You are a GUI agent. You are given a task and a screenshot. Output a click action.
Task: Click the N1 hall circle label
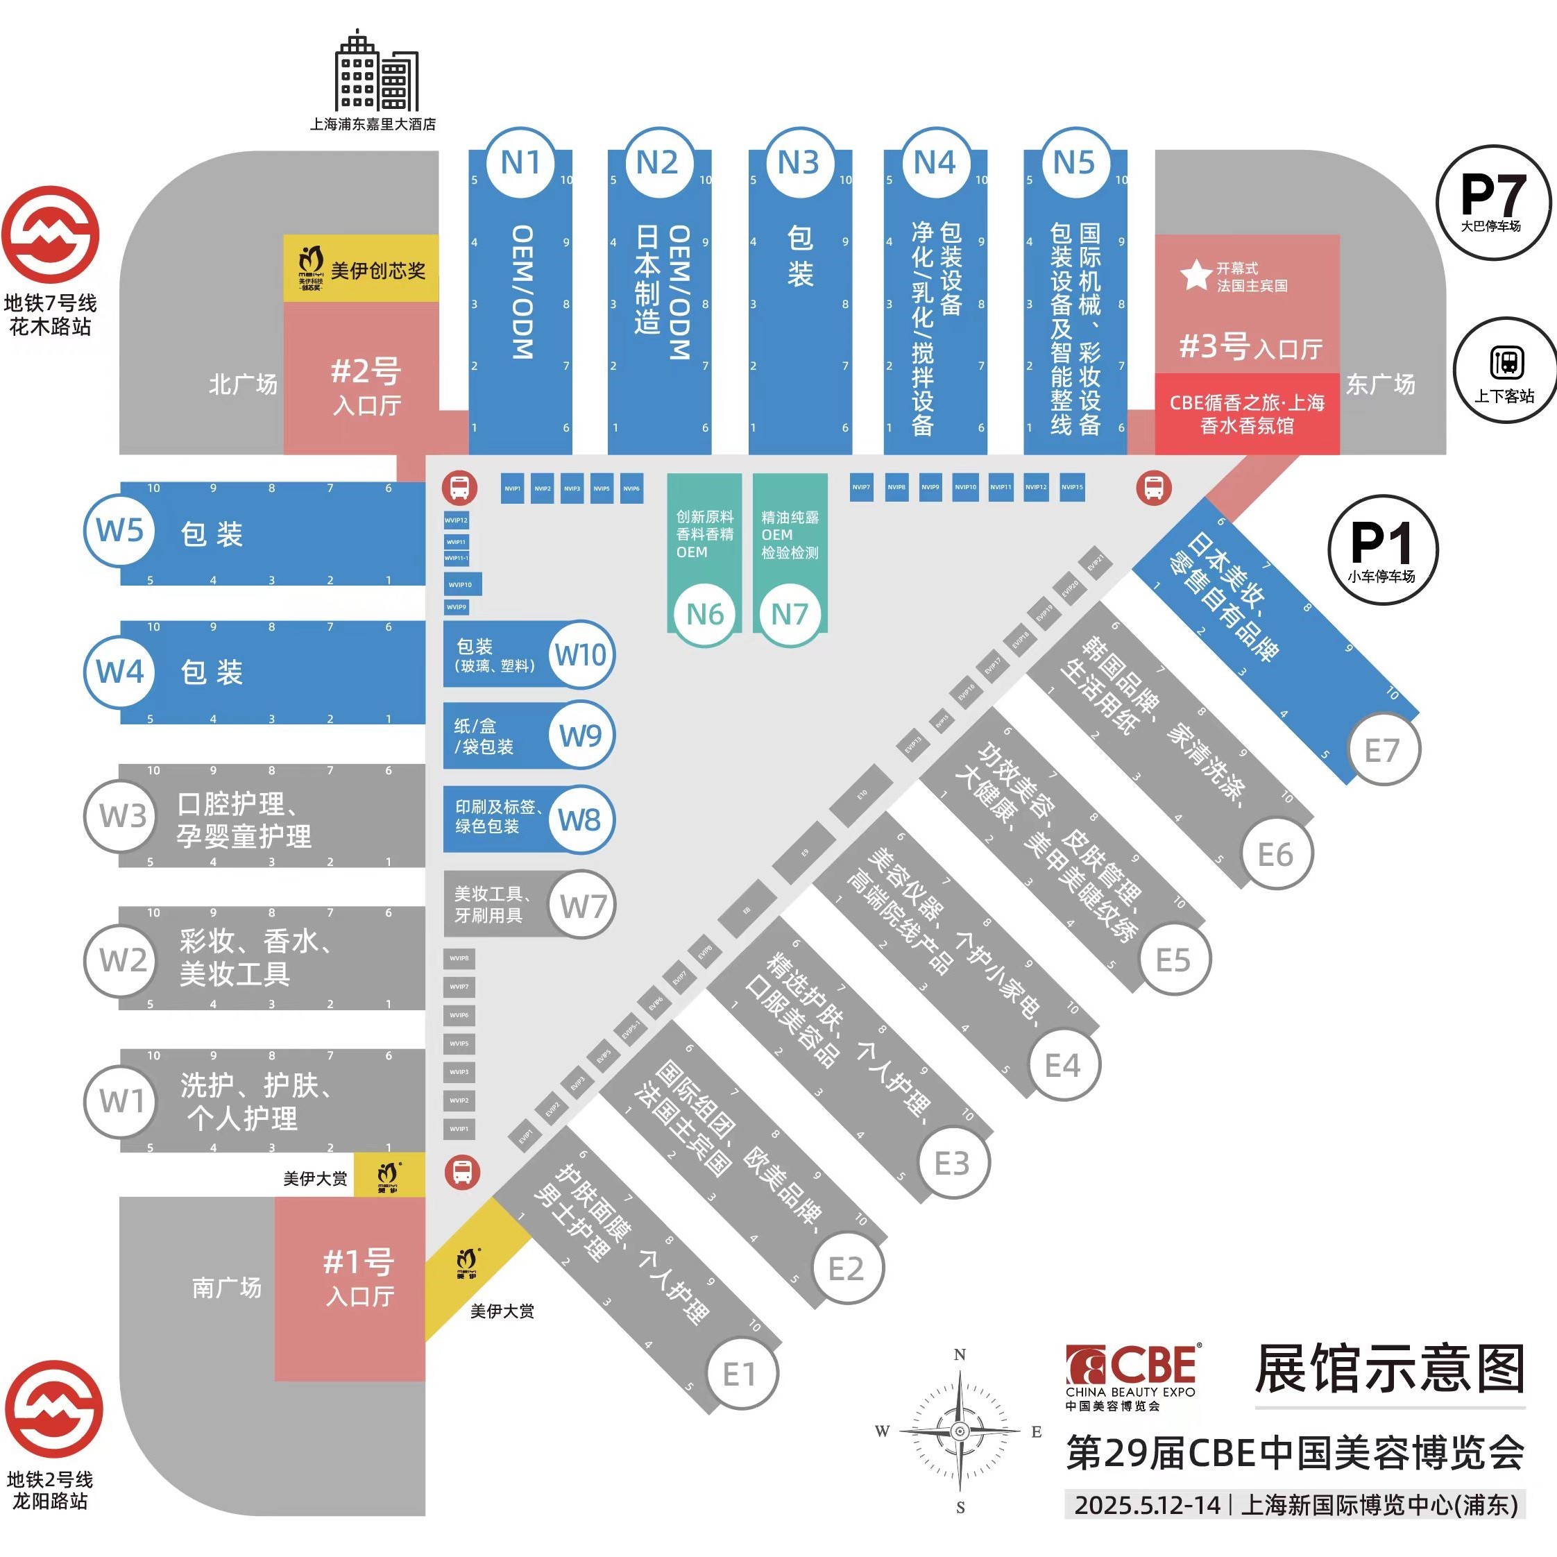(520, 163)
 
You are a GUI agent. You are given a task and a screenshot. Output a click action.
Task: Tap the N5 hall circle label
(1074, 163)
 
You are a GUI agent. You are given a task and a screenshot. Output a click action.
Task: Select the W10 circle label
(581, 654)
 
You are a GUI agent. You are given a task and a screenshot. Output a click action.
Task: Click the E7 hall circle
(1382, 750)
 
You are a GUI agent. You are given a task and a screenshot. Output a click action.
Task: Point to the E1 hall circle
(740, 1373)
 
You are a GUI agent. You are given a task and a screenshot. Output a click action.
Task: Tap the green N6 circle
(704, 615)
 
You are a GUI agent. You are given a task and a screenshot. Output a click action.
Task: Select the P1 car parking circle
(1382, 549)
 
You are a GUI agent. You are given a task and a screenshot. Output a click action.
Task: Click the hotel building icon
(375, 73)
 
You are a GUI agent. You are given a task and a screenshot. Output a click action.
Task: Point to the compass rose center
(959, 1431)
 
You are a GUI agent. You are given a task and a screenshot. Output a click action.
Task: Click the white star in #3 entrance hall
(1196, 275)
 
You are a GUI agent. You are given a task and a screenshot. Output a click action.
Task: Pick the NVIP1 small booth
(513, 488)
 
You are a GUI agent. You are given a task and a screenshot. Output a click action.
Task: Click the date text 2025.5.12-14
(1147, 1505)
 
